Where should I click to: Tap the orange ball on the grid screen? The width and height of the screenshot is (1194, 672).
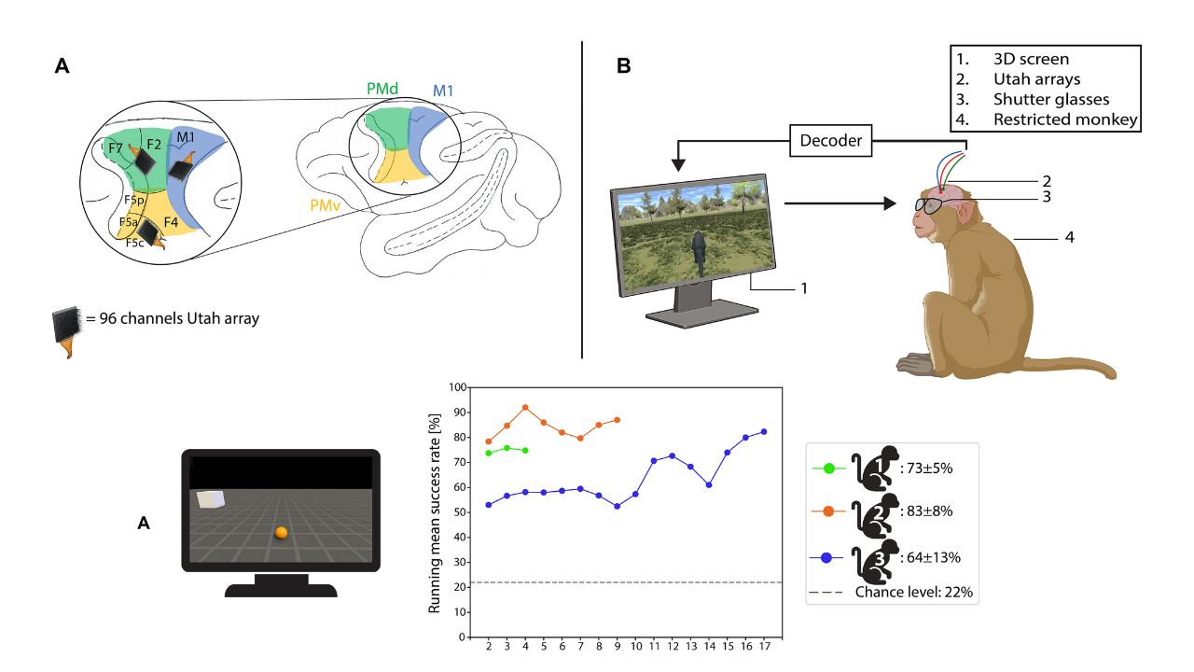click(x=281, y=532)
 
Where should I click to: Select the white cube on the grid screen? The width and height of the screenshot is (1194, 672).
click(x=211, y=499)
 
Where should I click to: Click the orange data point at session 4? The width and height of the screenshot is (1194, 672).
click(x=525, y=407)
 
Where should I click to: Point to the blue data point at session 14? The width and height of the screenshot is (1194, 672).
click(x=709, y=484)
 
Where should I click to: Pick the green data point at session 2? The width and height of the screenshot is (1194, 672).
click(x=489, y=453)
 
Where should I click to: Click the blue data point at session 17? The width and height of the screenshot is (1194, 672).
click(x=764, y=431)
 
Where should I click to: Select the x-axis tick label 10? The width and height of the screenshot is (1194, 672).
click(x=635, y=646)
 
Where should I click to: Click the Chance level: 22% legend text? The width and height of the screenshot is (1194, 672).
click(x=914, y=592)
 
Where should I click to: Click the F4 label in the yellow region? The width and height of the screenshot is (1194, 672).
click(x=171, y=222)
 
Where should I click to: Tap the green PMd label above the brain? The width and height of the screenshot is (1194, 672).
click(x=383, y=89)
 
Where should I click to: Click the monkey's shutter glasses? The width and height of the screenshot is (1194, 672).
click(x=931, y=204)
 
